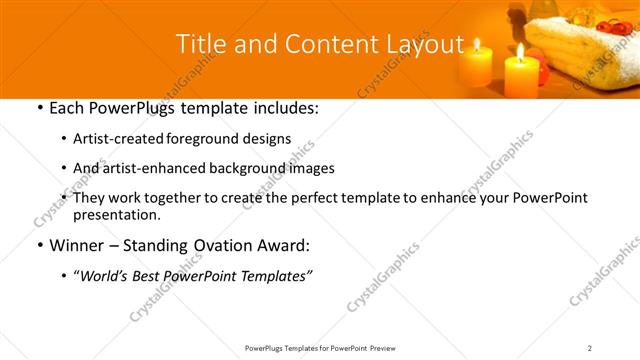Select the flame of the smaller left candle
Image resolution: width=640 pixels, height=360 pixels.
tap(477, 45)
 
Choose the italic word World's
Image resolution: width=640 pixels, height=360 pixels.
tap(103, 275)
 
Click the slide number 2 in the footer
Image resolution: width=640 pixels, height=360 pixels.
tap(590, 347)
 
